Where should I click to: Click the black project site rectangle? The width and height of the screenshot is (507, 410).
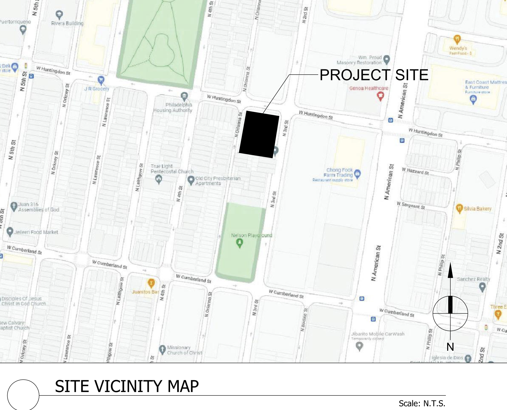point(259,134)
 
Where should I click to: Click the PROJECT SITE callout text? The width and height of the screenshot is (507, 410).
point(374,75)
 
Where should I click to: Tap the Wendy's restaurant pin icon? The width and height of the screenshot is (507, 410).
point(457,39)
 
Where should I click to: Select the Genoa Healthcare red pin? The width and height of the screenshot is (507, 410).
point(380,96)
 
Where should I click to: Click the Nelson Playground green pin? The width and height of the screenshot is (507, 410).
point(239,243)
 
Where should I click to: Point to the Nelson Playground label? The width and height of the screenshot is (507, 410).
point(251,235)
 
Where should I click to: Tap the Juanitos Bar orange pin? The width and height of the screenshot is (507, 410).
point(151,283)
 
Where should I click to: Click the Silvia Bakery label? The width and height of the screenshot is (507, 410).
point(477,209)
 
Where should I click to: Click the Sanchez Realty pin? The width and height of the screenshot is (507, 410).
point(482,287)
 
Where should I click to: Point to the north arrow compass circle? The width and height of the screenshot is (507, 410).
point(450,314)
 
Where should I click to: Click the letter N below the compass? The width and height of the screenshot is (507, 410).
point(450,347)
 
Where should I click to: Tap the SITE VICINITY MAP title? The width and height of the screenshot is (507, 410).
point(127,386)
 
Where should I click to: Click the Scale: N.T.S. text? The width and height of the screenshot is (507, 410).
point(422,403)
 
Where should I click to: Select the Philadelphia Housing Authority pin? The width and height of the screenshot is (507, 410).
point(184,96)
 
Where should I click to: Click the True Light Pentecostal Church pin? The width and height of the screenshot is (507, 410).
point(159,179)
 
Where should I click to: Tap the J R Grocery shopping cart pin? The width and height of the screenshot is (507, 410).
point(101,80)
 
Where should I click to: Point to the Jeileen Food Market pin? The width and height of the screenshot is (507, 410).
point(10,232)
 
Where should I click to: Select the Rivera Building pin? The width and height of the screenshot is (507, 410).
point(59,15)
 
